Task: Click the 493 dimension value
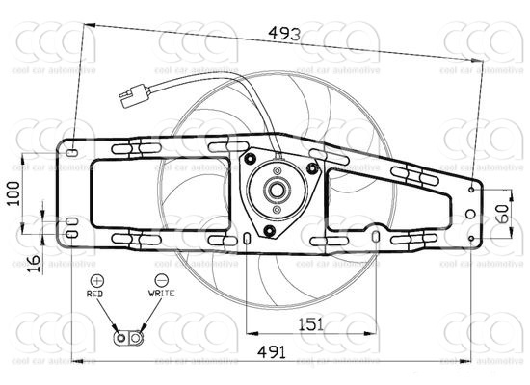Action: [285, 34]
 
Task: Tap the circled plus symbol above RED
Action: [96, 278]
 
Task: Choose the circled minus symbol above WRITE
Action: [160, 278]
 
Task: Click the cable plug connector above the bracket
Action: [133, 94]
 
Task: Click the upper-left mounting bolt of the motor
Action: [251, 158]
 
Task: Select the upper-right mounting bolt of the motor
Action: [312, 168]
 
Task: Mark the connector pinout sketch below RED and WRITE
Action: [127, 337]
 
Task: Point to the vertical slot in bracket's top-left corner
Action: [70, 151]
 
